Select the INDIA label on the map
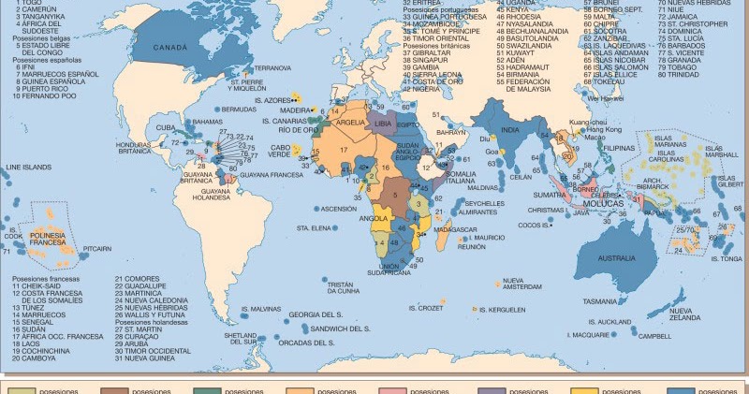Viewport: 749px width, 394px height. click(x=509, y=129)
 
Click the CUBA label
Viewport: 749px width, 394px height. click(x=166, y=127)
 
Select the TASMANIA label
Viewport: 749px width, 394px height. click(x=599, y=301)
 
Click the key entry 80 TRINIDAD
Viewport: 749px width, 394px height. click(x=698, y=101)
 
